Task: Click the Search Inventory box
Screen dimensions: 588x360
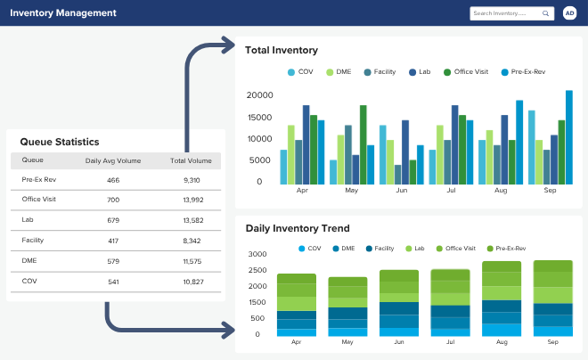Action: pos(512,13)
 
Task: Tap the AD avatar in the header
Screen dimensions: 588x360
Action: pos(569,13)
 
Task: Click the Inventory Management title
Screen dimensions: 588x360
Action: pos(63,12)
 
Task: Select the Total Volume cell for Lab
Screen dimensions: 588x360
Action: pos(193,220)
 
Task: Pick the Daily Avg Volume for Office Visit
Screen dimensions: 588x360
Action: pos(113,200)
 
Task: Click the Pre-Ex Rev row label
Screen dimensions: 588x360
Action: pos(39,180)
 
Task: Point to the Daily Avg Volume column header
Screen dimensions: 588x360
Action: pos(113,161)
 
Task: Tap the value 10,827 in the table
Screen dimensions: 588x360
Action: pos(193,282)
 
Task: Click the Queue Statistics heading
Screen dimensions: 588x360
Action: pos(60,142)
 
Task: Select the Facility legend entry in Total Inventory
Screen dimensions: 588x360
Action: pos(380,72)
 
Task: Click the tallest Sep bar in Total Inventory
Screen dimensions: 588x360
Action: pos(569,137)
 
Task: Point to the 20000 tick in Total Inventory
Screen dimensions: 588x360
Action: pos(259,95)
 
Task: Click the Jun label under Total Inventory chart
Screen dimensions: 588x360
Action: pos(402,190)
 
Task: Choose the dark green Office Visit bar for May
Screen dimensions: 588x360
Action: pos(363,144)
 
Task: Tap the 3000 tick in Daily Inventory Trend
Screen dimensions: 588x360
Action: pos(257,254)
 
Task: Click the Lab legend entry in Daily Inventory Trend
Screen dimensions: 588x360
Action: pos(415,249)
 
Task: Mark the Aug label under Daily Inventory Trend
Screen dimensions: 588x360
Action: pos(502,342)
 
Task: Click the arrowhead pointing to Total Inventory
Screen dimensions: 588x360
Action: pos(229,45)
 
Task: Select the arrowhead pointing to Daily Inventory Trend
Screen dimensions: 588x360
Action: pos(229,330)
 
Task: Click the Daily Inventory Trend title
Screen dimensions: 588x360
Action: pos(298,228)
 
